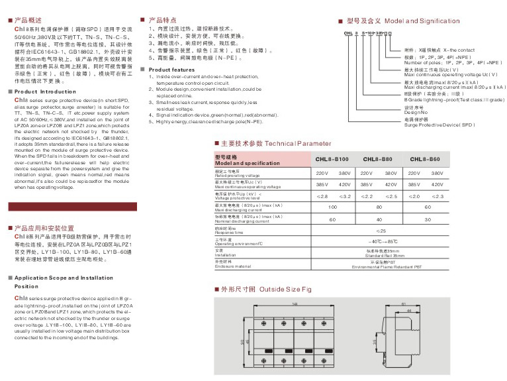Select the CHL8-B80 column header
pos(379,159)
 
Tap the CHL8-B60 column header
pos(425,159)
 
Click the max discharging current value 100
pos(332,207)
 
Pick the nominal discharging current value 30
pos(428,219)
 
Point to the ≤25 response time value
pos(380,231)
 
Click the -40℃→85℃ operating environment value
pos(380,242)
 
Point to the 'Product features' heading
pos(171,70)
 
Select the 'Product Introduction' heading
pos(46,91)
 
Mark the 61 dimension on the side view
pos(403,305)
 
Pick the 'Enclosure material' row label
pos(234,267)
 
